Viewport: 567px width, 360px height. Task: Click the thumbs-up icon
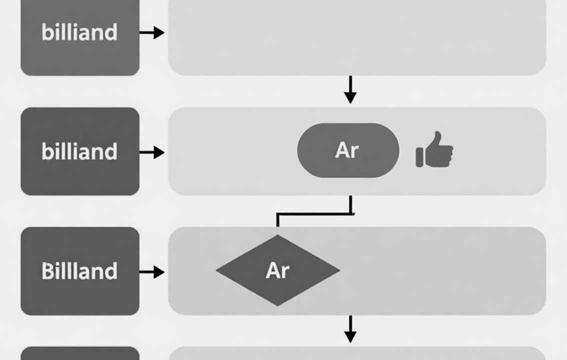434,149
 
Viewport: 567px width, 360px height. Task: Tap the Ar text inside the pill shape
347,150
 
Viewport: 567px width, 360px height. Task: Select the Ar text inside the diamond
277,270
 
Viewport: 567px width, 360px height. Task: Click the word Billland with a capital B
79,271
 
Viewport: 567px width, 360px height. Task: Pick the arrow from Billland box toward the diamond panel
152,272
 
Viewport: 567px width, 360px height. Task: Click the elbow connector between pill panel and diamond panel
314,214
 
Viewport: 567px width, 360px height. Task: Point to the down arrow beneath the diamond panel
350,329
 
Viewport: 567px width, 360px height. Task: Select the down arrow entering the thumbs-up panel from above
350,89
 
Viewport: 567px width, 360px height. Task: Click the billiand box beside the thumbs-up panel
80,151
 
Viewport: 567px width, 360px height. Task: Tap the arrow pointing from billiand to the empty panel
152,32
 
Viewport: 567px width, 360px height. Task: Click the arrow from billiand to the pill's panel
152,152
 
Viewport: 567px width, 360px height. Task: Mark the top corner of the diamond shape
277,235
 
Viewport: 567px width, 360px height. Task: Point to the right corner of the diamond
339,270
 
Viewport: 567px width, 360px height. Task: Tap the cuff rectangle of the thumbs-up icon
419,157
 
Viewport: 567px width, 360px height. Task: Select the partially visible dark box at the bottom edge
80,353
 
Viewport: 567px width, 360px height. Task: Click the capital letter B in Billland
47,271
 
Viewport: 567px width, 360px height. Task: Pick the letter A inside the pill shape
341,150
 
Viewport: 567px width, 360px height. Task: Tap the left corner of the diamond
216,270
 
